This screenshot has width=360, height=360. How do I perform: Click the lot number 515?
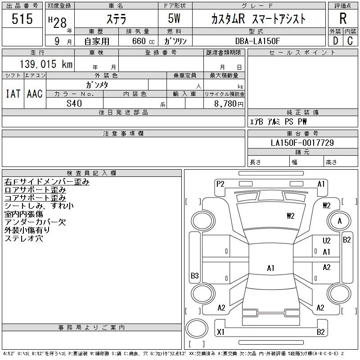[22, 19]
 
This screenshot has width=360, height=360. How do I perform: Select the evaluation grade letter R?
[343, 19]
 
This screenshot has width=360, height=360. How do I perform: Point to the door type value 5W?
[175, 19]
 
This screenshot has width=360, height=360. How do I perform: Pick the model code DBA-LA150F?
[258, 40]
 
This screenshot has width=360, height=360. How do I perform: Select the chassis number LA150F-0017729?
[302, 143]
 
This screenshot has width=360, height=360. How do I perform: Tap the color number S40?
[75, 103]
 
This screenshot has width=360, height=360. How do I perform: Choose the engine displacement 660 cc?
[137, 41]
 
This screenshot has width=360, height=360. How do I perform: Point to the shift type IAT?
[13, 94]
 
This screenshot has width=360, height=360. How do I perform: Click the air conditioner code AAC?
[35, 94]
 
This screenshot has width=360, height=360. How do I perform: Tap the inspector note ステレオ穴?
[24, 238]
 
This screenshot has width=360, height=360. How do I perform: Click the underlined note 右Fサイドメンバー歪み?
[47, 182]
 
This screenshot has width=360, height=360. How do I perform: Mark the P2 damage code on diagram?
[220, 184]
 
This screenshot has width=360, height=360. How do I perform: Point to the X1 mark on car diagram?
[220, 332]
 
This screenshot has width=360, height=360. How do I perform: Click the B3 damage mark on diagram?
[195, 275]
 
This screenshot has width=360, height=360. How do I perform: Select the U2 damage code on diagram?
[326, 241]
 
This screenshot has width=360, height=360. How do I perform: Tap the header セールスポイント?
[302, 53]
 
